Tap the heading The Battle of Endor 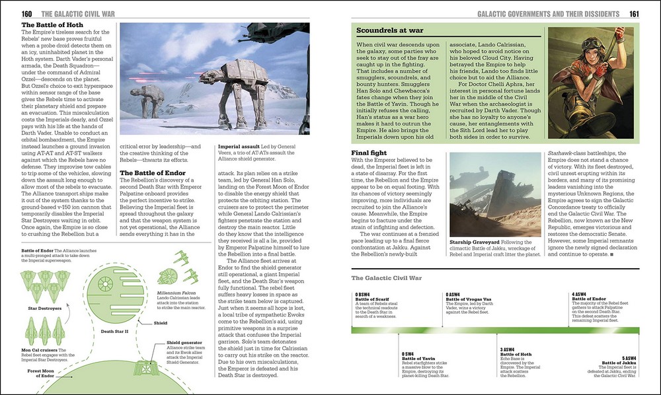(x=153, y=173)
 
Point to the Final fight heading (x=373, y=153)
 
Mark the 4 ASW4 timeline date (x=579, y=294)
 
